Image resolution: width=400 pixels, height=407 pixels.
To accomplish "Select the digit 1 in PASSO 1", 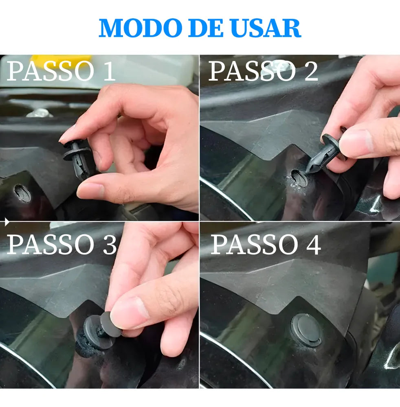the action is point(109,70).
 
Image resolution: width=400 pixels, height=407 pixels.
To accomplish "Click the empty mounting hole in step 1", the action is point(22,193).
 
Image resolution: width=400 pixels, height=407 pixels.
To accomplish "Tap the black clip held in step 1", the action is point(78,159).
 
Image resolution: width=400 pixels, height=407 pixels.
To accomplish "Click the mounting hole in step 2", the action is point(299,177).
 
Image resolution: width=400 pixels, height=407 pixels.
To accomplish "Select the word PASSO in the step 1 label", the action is point(50,70).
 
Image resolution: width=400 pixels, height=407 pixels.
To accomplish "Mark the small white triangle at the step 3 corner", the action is point(7,222).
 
